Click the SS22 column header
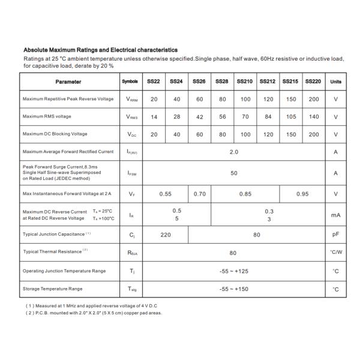(154, 82)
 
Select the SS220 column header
(313, 82)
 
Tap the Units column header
(336, 82)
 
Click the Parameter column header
(68, 82)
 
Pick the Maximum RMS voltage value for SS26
(199, 116)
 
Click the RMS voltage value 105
(290, 116)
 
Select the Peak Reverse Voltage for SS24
(176, 99)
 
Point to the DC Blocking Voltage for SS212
(268, 134)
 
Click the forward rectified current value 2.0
(234, 152)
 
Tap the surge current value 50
(234, 173)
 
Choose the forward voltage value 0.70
(200, 194)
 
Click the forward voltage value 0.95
(302, 194)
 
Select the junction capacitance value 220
(166, 235)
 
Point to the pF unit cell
(336, 235)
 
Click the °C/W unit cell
(336, 253)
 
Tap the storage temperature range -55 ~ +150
(234, 289)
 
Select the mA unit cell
(336, 215)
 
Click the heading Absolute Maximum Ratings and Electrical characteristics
(100, 50)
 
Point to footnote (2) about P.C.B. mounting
(94, 313)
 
